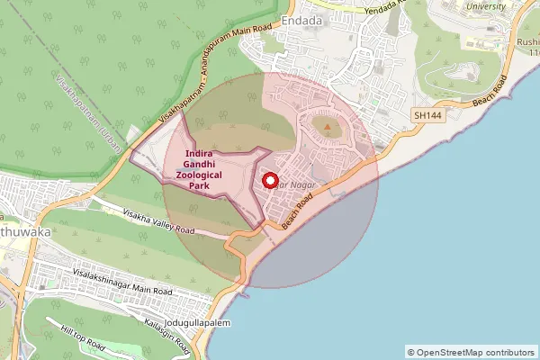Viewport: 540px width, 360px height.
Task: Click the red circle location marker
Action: point(268,180)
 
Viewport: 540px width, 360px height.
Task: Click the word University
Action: point(487,6)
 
